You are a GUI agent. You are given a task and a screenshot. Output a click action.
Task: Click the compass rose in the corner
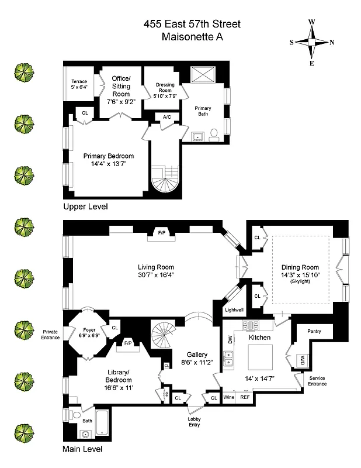[312, 42]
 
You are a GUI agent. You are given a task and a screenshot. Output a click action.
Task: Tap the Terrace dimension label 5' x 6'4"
[79, 88]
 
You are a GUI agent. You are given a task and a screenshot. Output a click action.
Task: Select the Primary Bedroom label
[109, 156]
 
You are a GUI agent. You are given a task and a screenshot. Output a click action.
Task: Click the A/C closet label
[158, 116]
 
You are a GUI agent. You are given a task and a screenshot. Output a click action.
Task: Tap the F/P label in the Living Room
[162, 233]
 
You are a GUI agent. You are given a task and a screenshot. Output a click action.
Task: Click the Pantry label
[315, 331]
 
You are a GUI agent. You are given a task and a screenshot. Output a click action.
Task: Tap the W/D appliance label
[302, 359]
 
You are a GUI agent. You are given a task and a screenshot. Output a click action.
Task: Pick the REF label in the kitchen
[245, 397]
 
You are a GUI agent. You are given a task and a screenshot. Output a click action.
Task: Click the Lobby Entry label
[195, 422]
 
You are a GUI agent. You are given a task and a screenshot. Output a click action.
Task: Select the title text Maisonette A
[192, 37]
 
